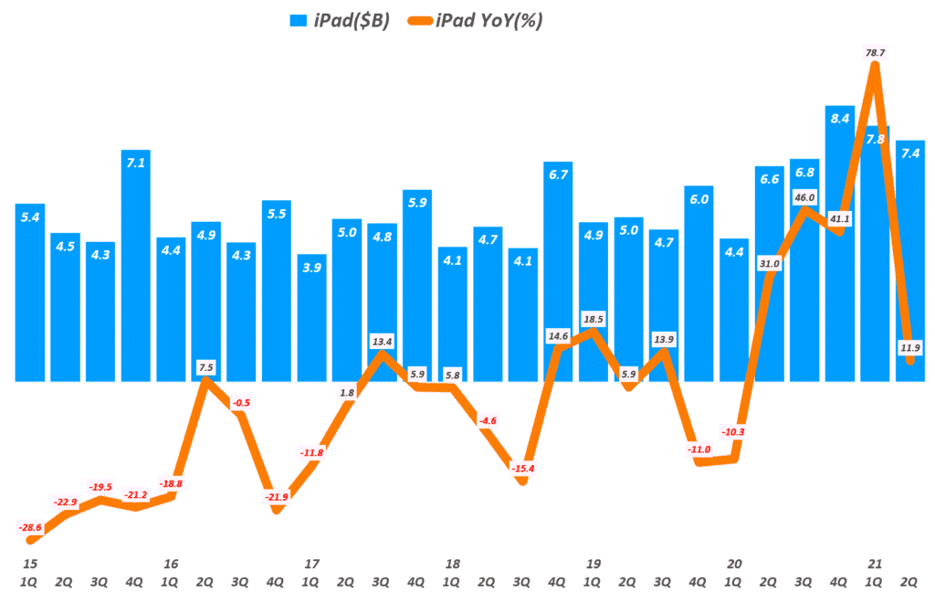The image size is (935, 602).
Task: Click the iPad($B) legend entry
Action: [341, 21]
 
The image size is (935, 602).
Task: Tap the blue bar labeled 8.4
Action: [839, 247]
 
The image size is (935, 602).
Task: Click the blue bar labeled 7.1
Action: [136, 265]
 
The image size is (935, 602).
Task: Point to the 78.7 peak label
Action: [875, 54]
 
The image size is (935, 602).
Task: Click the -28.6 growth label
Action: [31, 528]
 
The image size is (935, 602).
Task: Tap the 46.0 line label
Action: [804, 197]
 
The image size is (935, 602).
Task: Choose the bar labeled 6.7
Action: [558, 274]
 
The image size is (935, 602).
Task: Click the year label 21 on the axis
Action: [875, 563]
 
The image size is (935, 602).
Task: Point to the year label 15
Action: [31, 563]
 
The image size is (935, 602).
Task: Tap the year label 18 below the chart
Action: [452, 563]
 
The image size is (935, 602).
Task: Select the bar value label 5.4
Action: [31, 218]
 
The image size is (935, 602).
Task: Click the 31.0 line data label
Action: [769, 264]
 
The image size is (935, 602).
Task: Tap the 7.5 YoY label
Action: [206, 367]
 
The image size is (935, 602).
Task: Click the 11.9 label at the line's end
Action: [909, 347]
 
